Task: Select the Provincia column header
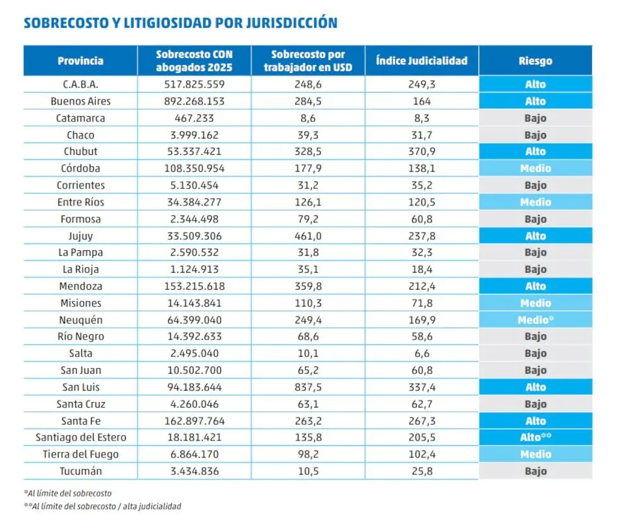click(x=80, y=61)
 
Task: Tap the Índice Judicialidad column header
click(x=422, y=61)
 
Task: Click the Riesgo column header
click(x=535, y=61)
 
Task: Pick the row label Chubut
click(x=80, y=152)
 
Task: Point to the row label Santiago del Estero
click(x=80, y=437)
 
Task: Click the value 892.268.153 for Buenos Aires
click(x=194, y=101)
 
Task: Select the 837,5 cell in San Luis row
click(x=308, y=387)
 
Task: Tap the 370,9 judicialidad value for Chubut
click(x=422, y=152)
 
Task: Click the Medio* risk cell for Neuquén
click(x=535, y=320)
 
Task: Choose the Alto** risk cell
click(x=535, y=437)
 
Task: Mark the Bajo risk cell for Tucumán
click(x=535, y=471)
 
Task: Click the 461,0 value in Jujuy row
click(x=308, y=236)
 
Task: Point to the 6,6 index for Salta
click(x=422, y=353)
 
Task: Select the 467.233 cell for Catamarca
click(x=194, y=118)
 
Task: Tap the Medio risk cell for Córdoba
click(x=535, y=169)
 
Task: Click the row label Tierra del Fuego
click(x=80, y=454)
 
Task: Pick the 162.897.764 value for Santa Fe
click(x=194, y=421)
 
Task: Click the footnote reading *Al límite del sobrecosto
click(x=69, y=493)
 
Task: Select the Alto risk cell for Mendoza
click(x=535, y=286)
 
